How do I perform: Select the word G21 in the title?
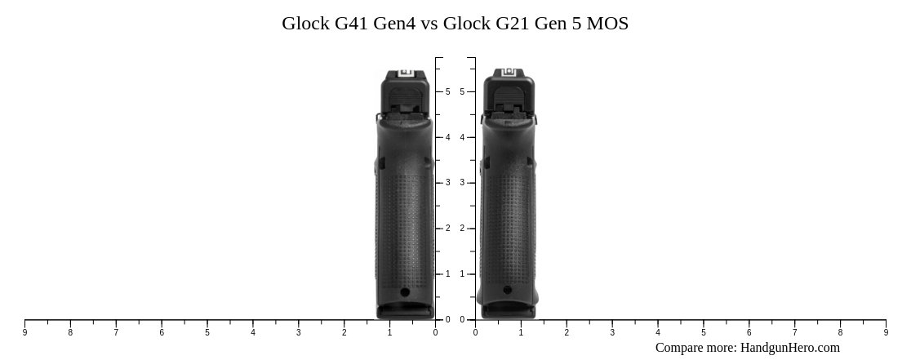512,23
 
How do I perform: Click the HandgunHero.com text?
789,348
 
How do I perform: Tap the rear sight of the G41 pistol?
405,73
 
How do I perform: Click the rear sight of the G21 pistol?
509,73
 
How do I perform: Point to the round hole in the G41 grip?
405,292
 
